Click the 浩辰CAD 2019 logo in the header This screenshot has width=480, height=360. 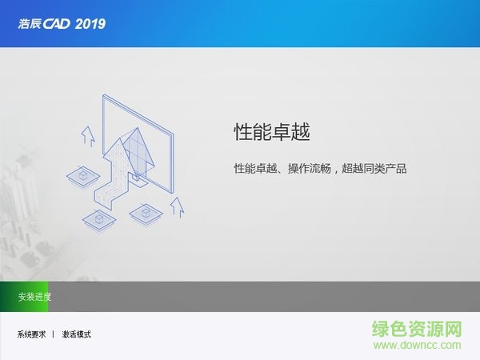click(61, 23)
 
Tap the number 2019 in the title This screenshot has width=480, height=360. click(89, 23)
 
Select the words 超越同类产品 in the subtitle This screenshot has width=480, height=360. click(374, 170)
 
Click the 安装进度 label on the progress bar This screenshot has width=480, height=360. click(34, 297)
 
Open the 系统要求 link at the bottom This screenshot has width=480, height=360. click(31, 334)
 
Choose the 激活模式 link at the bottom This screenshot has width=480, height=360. click(77, 334)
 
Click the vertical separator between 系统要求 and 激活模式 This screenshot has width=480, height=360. click(54, 334)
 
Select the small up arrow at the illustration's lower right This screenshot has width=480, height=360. click(177, 207)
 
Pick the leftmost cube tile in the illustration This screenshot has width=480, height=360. click(82, 174)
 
